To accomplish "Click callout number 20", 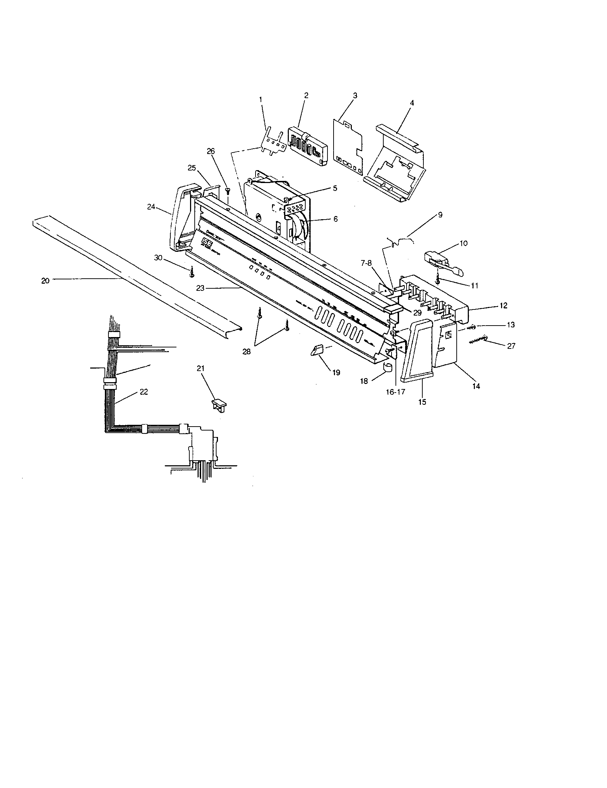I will point(45,280).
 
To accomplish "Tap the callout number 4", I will point(412,102).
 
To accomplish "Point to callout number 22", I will point(144,392).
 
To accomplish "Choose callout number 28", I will point(247,351).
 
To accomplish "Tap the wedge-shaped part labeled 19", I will point(317,350).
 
